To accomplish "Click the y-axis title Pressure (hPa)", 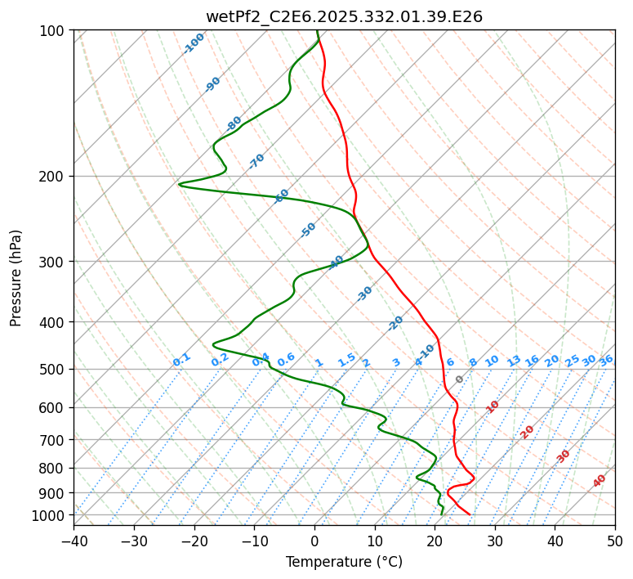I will [x=16, y=277].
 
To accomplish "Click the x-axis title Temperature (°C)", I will [x=344, y=563].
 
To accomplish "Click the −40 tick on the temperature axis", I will [x=74, y=541].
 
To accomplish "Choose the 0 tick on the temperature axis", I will [x=314, y=541].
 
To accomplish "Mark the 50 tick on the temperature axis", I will [x=615, y=541].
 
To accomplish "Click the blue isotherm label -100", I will [x=194, y=43].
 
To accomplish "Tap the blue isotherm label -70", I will [x=256, y=161].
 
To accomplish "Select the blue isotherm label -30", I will [x=364, y=294].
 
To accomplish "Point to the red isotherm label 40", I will [x=600, y=481].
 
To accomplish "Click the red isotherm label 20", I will [x=528, y=431].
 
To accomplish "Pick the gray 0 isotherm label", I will [x=460, y=379].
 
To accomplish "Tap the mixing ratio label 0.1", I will [x=181, y=359].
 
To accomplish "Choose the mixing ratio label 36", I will [x=606, y=360].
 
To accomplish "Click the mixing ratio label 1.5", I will [x=346, y=359].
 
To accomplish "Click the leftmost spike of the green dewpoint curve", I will [x=179, y=184].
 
